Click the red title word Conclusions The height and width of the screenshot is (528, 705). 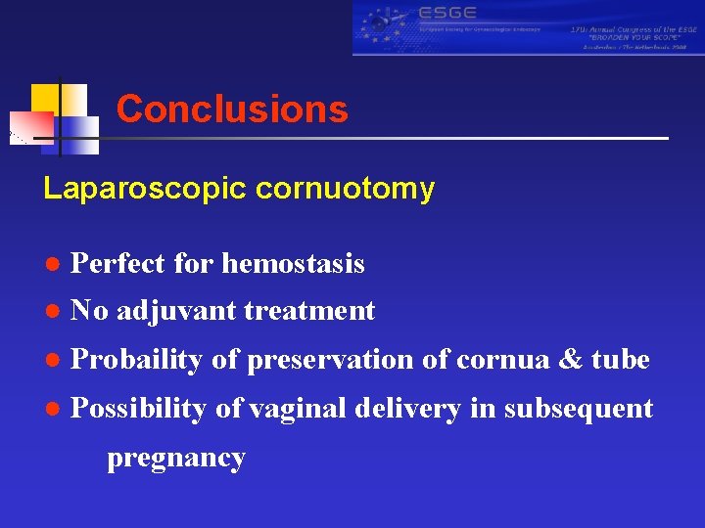click(x=232, y=110)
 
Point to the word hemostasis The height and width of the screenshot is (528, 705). click(x=294, y=264)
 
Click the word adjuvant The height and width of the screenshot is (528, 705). click(x=176, y=311)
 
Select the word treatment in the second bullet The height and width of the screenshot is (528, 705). click(x=309, y=311)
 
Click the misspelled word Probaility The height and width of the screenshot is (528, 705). click(x=138, y=360)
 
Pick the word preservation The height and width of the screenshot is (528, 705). click(x=331, y=360)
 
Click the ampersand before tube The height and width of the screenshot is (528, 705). click(x=570, y=360)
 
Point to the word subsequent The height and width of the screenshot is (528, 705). click(x=578, y=409)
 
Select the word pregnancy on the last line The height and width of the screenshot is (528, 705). click(x=176, y=458)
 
